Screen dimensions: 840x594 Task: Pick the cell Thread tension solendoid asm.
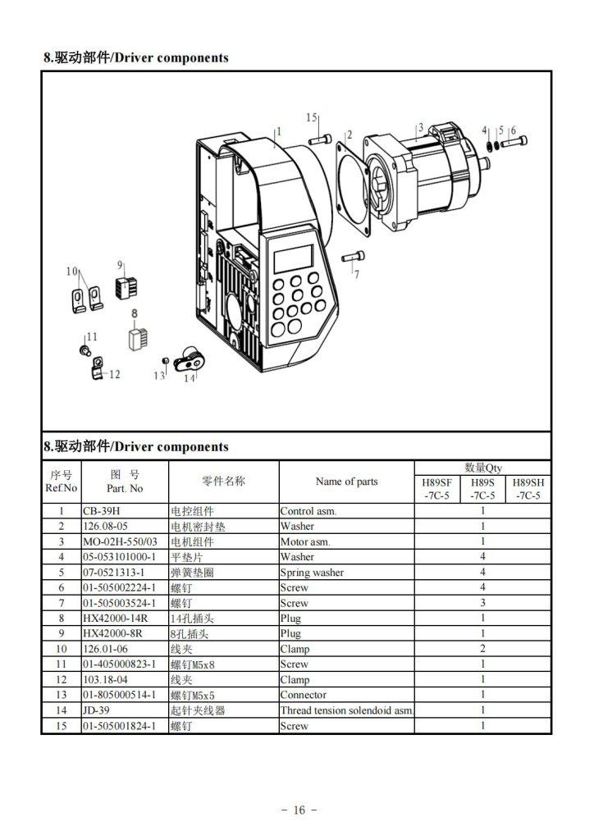346,710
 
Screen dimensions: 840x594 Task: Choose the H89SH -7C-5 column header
528,489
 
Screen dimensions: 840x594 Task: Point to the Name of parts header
346,482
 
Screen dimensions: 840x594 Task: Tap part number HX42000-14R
116,619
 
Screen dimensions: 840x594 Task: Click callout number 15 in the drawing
312,118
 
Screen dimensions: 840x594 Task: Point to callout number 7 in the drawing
356,275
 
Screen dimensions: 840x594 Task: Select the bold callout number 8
135,313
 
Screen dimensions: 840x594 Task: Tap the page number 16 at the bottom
298,810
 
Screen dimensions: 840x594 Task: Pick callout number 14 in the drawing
190,378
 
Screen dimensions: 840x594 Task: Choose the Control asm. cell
308,510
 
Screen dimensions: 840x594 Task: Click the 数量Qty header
482,468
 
